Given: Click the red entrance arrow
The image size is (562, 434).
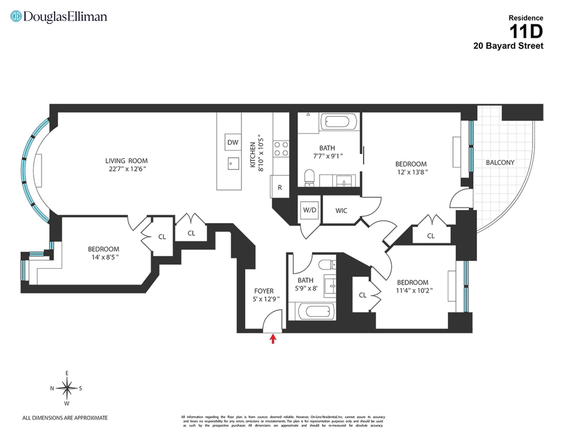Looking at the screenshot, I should click(273, 339).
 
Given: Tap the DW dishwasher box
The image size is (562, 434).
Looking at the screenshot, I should click(233, 142).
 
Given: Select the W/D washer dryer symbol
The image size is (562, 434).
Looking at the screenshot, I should click(310, 210).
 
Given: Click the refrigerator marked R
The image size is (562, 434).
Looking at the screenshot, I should click(280, 188).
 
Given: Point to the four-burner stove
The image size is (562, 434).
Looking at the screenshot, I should click(281, 149).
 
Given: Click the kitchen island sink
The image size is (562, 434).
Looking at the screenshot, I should click(233, 164).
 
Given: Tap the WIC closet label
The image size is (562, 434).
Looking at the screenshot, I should click(341, 211).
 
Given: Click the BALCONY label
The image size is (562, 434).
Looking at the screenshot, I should click(500, 162).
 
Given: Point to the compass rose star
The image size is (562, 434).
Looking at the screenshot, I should click(67, 388).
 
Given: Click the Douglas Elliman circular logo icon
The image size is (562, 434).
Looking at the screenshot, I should click(16, 16).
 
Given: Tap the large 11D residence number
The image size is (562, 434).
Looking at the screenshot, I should click(526, 32).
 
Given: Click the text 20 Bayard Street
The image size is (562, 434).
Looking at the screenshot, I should click(508, 46).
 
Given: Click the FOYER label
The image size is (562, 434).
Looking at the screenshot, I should click(264, 291).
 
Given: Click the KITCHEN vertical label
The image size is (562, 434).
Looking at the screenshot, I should click(253, 155).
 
